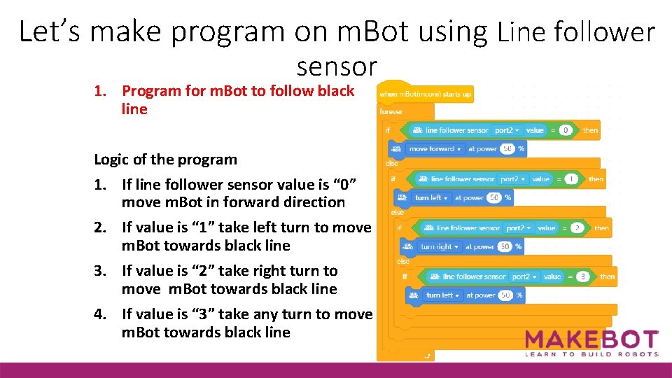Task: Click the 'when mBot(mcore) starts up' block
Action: tap(426, 94)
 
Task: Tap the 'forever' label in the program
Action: tap(391, 111)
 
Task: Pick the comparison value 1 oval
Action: tap(572, 179)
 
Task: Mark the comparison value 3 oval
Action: tap(582, 276)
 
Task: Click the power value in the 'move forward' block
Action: tap(507, 149)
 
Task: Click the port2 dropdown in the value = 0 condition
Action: tap(507, 130)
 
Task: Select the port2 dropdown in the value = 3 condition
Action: tap(524, 276)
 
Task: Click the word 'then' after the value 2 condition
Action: tap(601, 228)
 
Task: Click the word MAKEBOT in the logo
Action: tap(591, 340)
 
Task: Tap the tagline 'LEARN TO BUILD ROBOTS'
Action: tap(591, 355)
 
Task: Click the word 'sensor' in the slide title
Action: tap(337, 66)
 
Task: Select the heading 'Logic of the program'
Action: tap(165, 160)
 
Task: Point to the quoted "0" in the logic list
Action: tap(348, 185)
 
